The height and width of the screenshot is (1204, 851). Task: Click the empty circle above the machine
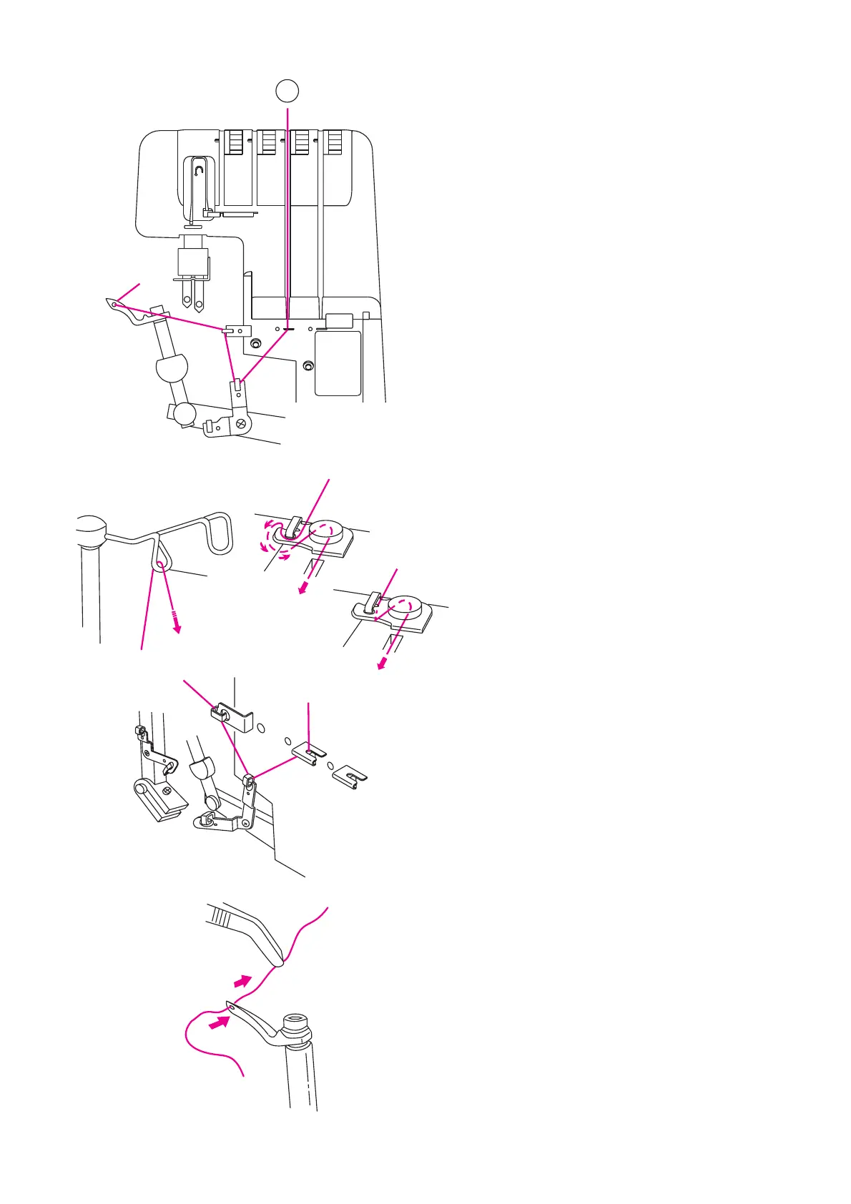click(287, 91)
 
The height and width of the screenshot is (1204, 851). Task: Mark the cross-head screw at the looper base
click(242, 423)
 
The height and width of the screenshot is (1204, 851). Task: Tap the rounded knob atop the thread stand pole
click(90, 529)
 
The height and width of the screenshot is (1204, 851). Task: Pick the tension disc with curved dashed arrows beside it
click(325, 532)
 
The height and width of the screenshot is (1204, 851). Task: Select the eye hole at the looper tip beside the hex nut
click(231, 1006)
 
